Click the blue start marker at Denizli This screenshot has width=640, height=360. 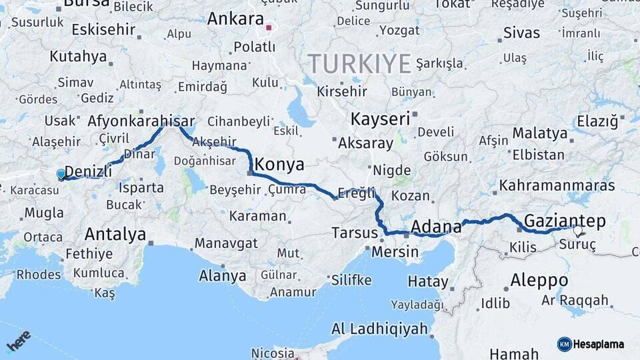61,175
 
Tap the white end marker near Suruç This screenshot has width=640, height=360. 577,231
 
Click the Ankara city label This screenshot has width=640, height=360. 235,19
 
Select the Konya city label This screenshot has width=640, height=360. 279,165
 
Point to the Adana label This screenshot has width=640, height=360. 436,227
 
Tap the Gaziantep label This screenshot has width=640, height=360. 565,221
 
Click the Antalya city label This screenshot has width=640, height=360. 115,234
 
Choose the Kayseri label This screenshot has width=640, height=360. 380,119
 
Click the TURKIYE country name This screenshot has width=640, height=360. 359,65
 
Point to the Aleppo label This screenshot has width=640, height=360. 539,280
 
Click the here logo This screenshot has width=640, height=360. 18,341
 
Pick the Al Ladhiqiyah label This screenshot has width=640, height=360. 379,329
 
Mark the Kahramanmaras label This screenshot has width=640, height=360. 557,185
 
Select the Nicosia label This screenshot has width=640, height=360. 273,353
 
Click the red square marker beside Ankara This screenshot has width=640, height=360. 269,28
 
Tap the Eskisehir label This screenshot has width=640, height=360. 103,30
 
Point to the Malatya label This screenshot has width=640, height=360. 539,133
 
